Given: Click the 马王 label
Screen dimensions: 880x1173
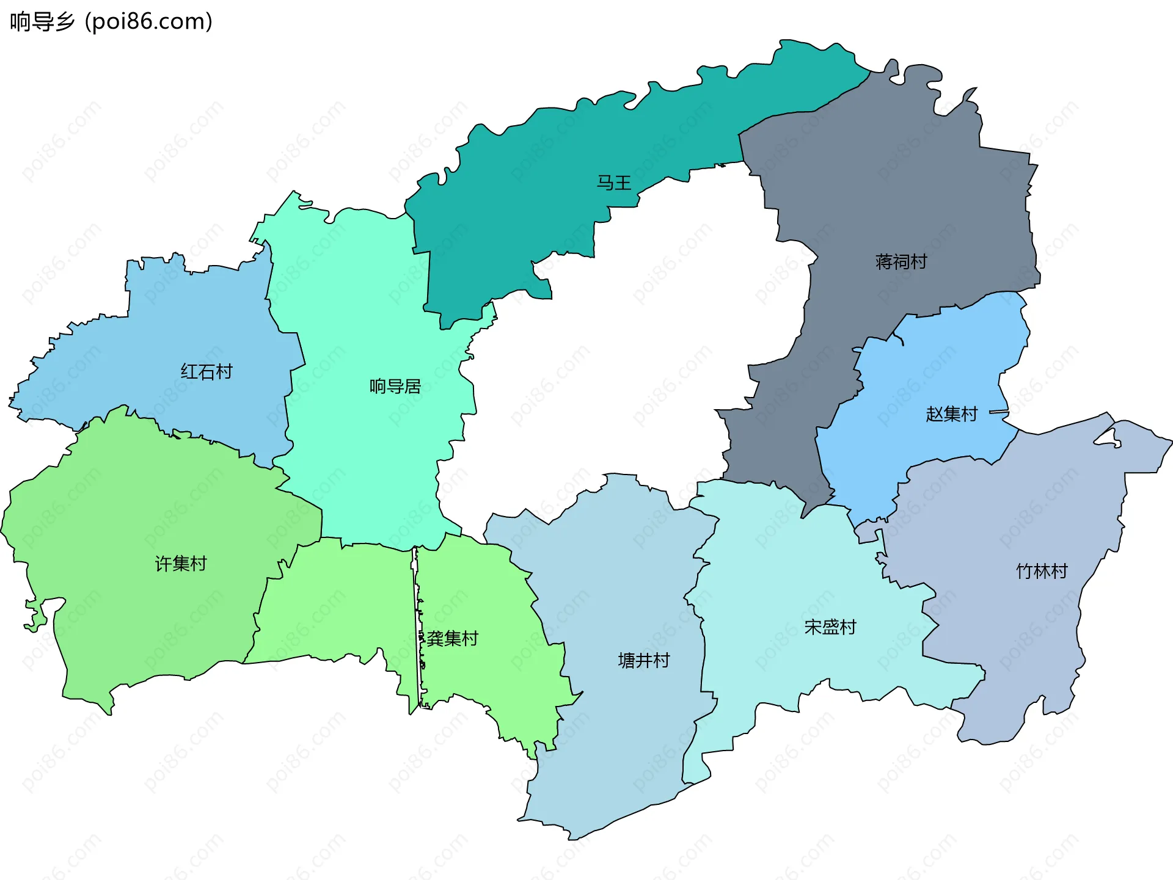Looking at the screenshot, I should (613, 183).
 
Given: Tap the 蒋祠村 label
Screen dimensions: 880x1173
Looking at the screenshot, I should (901, 262).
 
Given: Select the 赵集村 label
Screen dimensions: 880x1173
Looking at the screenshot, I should (951, 414).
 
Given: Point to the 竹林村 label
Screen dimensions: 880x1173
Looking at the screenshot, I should (1042, 572).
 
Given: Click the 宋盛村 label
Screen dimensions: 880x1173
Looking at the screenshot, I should (830, 627).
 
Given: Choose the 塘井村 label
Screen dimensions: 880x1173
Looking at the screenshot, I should (644, 660).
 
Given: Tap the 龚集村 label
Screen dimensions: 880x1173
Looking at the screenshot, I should (452, 639).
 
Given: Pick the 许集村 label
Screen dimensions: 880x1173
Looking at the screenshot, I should (181, 563).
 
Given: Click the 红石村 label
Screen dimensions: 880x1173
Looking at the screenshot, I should (206, 371).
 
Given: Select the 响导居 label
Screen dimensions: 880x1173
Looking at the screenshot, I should (395, 386).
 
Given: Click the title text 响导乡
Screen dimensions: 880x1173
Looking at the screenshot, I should (42, 21).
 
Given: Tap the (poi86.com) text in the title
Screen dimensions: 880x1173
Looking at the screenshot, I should (148, 21).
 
